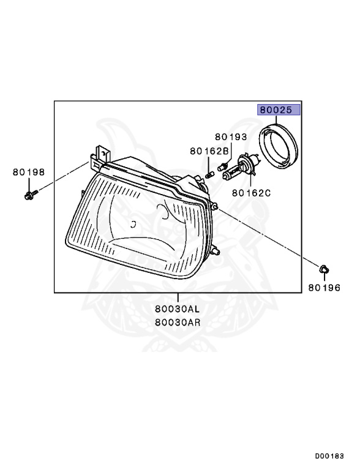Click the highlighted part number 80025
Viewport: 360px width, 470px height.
click(x=276, y=110)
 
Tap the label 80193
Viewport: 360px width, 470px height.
click(x=231, y=137)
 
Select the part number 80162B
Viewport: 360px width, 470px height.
click(x=209, y=151)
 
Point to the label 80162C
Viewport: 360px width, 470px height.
click(x=252, y=193)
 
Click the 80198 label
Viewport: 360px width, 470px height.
click(x=29, y=172)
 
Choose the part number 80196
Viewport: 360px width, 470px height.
click(x=324, y=288)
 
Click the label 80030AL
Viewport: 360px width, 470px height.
click(x=178, y=308)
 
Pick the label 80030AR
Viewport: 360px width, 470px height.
click(x=178, y=323)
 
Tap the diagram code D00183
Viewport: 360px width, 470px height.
click(x=329, y=456)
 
